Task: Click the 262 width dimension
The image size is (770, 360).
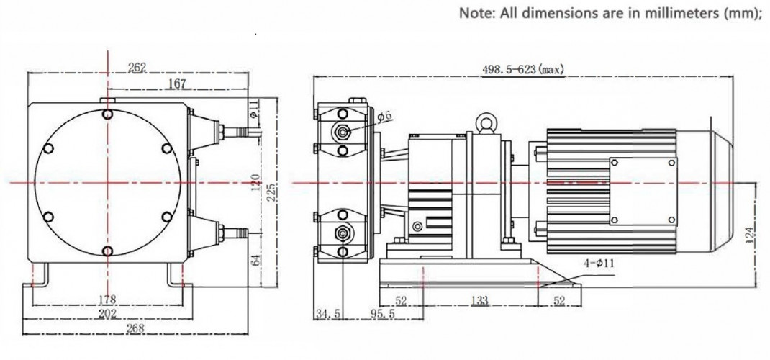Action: pyautogui.click(x=137, y=68)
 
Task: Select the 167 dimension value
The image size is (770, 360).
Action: pyautogui.click(x=177, y=84)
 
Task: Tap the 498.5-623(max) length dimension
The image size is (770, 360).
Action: pyautogui.click(x=522, y=69)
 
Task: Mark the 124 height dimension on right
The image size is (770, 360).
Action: pyautogui.click(x=750, y=233)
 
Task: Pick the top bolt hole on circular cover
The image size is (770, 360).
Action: pyautogui.click(x=107, y=114)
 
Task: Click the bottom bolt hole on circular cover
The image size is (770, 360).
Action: pyautogui.click(x=107, y=251)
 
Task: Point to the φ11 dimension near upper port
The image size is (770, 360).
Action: pyautogui.click(x=253, y=108)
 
